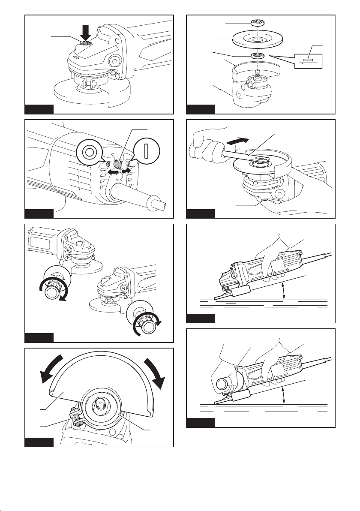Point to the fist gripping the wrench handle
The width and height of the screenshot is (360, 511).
(206, 146)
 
